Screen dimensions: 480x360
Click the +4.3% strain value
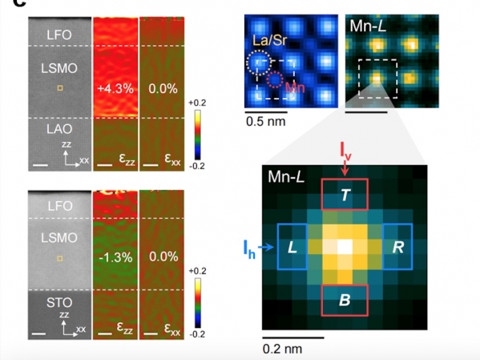pyautogui.click(x=115, y=89)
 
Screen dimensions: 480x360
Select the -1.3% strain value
pyautogui.click(x=115, y=257)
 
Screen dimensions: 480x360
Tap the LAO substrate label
pyautogui.click(x=59, y=129)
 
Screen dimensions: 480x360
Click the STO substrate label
pyautogui.click(x=59, y=303)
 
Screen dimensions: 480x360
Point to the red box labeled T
pyautogui.click(x=321, y=194)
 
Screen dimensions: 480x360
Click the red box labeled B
pyautogui.click(x=321, y=300)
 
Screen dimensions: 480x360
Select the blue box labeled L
pyautogui.click(x=277, y=247)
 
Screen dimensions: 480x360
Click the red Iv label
pyautogui.click(x=345, y=151)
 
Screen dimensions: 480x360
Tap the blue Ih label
pyautogui.click(x=249, y=249)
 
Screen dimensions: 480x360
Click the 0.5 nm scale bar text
pyautogui.click(x=266, y=122)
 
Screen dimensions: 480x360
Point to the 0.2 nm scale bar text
pyautogui.click(x=282, y=349)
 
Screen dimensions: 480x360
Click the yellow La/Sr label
pyautogui.click(x=270, y=40)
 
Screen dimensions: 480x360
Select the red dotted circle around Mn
pyautogui.click(x=267, y=80)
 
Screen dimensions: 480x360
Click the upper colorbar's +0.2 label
pyautogui.click(x=197, y=103)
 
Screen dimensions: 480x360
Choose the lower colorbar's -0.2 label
pyautogui.click(x=197, y=334)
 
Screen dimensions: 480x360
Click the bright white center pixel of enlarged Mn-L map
pyautogui.click(x=345, y=247)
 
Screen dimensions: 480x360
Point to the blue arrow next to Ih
pyautogui.click(x=266, y=247)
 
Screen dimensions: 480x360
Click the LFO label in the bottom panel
pyautogui.click(x=59, y=206)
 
